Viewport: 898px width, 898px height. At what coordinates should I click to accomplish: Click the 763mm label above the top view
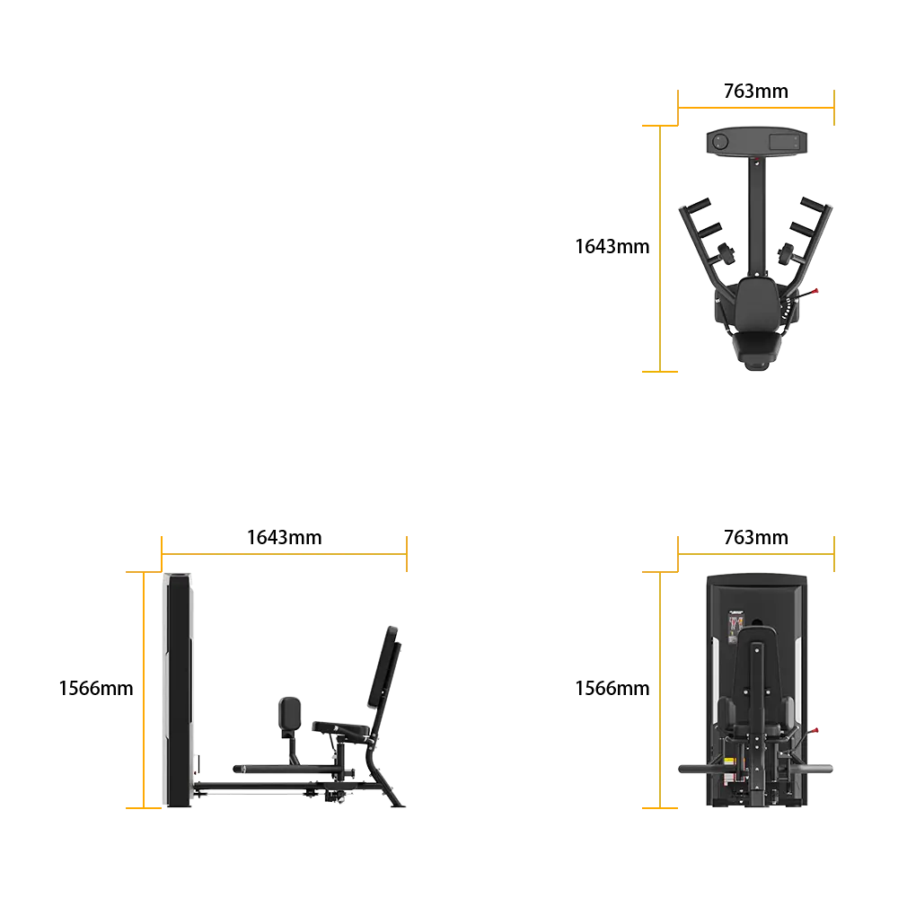coord(755,91)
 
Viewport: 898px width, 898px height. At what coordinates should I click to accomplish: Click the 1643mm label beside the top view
coord(612,246)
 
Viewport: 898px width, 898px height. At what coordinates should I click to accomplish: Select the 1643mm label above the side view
coord(284,537)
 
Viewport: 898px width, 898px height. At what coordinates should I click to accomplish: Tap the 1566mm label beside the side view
coord(96,688)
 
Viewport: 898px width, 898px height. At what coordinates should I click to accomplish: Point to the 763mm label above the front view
coord(755,537)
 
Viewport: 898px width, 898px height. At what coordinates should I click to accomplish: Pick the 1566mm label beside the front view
coord(612,688)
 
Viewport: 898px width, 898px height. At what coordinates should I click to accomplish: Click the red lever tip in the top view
coord(815,291)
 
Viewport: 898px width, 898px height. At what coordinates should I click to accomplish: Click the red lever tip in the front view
coord(815,731)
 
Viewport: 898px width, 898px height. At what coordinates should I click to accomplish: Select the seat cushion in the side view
coord(340,728)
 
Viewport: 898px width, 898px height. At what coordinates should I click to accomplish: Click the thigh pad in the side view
coord(289,714)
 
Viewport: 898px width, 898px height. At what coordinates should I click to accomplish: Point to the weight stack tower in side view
coord(178,690)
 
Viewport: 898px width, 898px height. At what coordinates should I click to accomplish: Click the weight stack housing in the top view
coord(756,141)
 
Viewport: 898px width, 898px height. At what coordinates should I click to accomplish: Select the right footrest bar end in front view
coord(828,769)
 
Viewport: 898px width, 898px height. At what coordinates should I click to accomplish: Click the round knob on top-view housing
coord(720,141)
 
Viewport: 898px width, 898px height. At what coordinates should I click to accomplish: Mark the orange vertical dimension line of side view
coord(143,690)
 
